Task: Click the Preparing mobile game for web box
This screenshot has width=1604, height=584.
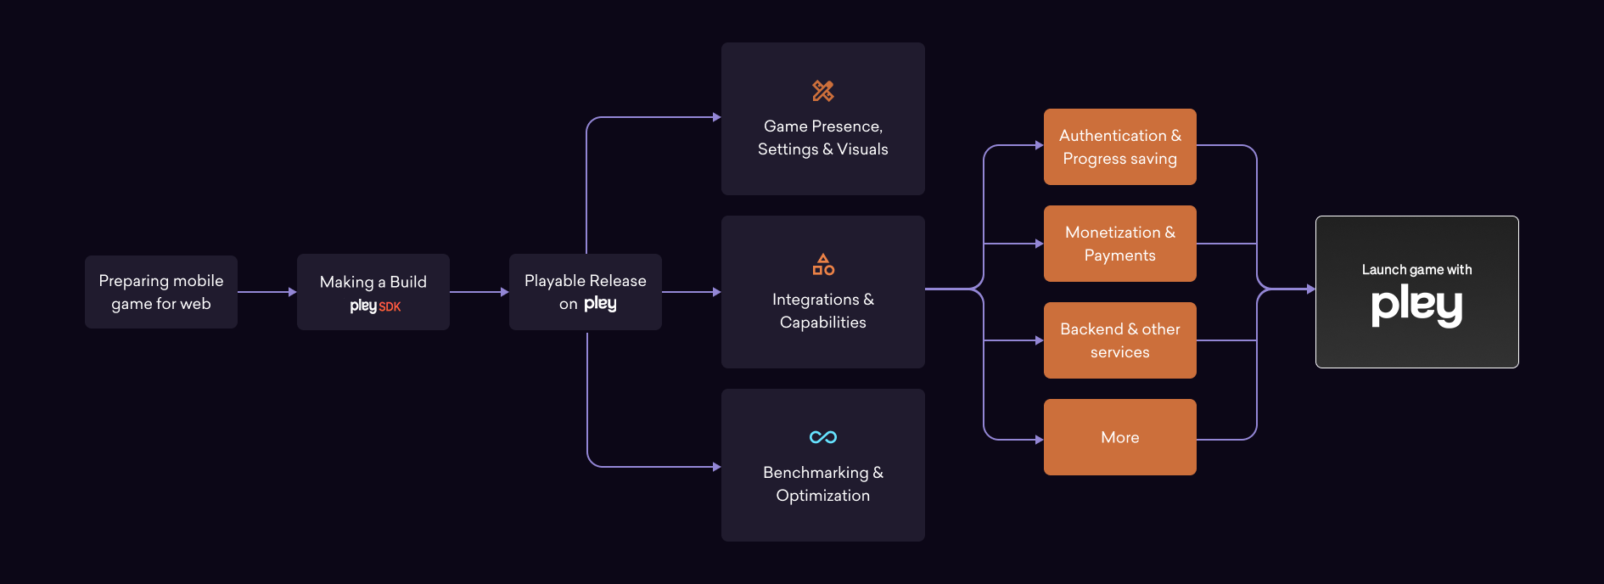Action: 161,292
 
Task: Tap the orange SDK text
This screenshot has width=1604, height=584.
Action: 390,306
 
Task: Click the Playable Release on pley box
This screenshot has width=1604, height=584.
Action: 586,292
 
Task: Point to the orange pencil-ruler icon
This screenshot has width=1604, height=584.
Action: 823,91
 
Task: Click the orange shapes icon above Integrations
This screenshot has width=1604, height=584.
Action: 823,264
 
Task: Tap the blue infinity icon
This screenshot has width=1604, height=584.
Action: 823,437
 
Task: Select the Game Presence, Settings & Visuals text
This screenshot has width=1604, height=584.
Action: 823,138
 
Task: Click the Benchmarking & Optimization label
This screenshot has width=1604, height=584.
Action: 823,484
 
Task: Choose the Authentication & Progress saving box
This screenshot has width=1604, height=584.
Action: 1120,147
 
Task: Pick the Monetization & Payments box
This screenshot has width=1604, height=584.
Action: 1120,244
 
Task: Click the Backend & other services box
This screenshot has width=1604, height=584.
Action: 1120,340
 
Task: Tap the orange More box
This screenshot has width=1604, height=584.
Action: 1120,437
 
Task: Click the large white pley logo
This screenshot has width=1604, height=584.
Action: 1417,306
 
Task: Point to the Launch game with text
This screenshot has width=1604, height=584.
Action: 1417,270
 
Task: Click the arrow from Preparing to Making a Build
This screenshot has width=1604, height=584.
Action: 266,292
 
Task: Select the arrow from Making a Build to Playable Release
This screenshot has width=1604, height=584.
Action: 479,292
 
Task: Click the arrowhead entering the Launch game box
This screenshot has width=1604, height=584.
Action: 1310,289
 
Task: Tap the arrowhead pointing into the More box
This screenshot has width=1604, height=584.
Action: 1039,440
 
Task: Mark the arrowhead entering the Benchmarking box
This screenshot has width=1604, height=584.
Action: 716,467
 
